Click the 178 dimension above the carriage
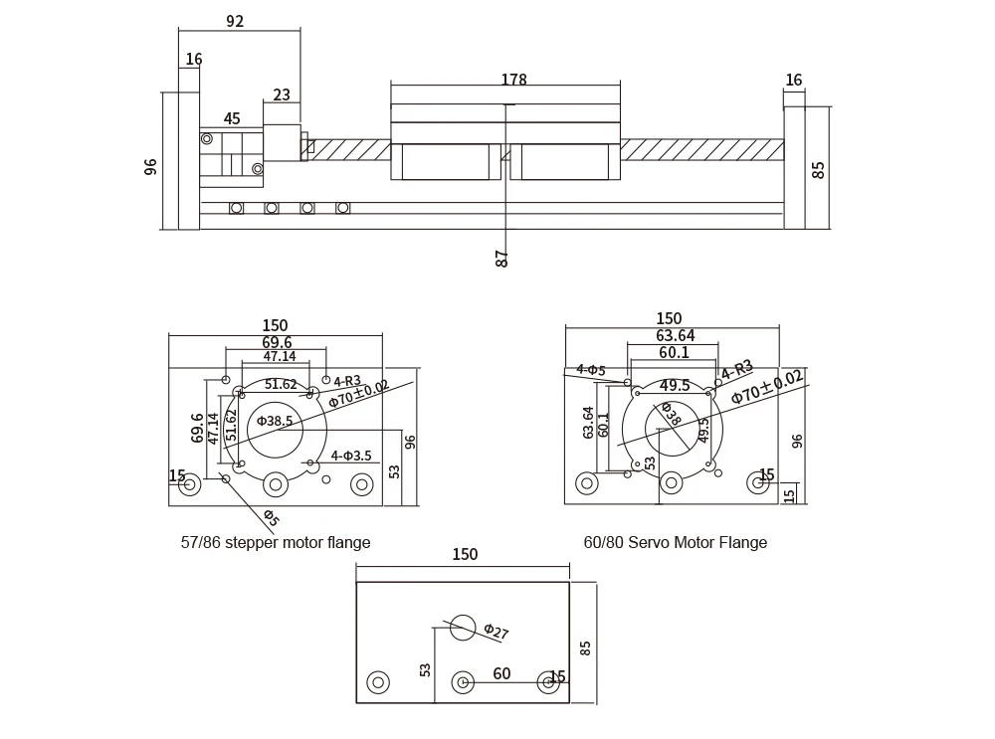[513, 80]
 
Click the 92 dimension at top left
[235, 21]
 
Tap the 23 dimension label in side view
[282, 95]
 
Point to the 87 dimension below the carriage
[502, 258]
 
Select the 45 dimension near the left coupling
[232, 119]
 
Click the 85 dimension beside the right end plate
[819, 167]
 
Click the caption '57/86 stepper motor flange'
[276, 543]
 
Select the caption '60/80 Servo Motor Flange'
[676, 543]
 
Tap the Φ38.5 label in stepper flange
[275, 421]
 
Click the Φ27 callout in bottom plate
[496, 632]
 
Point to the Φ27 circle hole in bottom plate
[463, 627]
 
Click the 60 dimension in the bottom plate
[501, 674]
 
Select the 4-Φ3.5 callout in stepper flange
[351, 456]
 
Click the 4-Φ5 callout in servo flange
[590, 370]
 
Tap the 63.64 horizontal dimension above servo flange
[676, 336]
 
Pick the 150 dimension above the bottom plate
[465, 555]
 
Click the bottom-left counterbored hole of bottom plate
[377, 682]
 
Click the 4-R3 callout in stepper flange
[347, 381]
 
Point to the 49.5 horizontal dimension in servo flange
[675, 386]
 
